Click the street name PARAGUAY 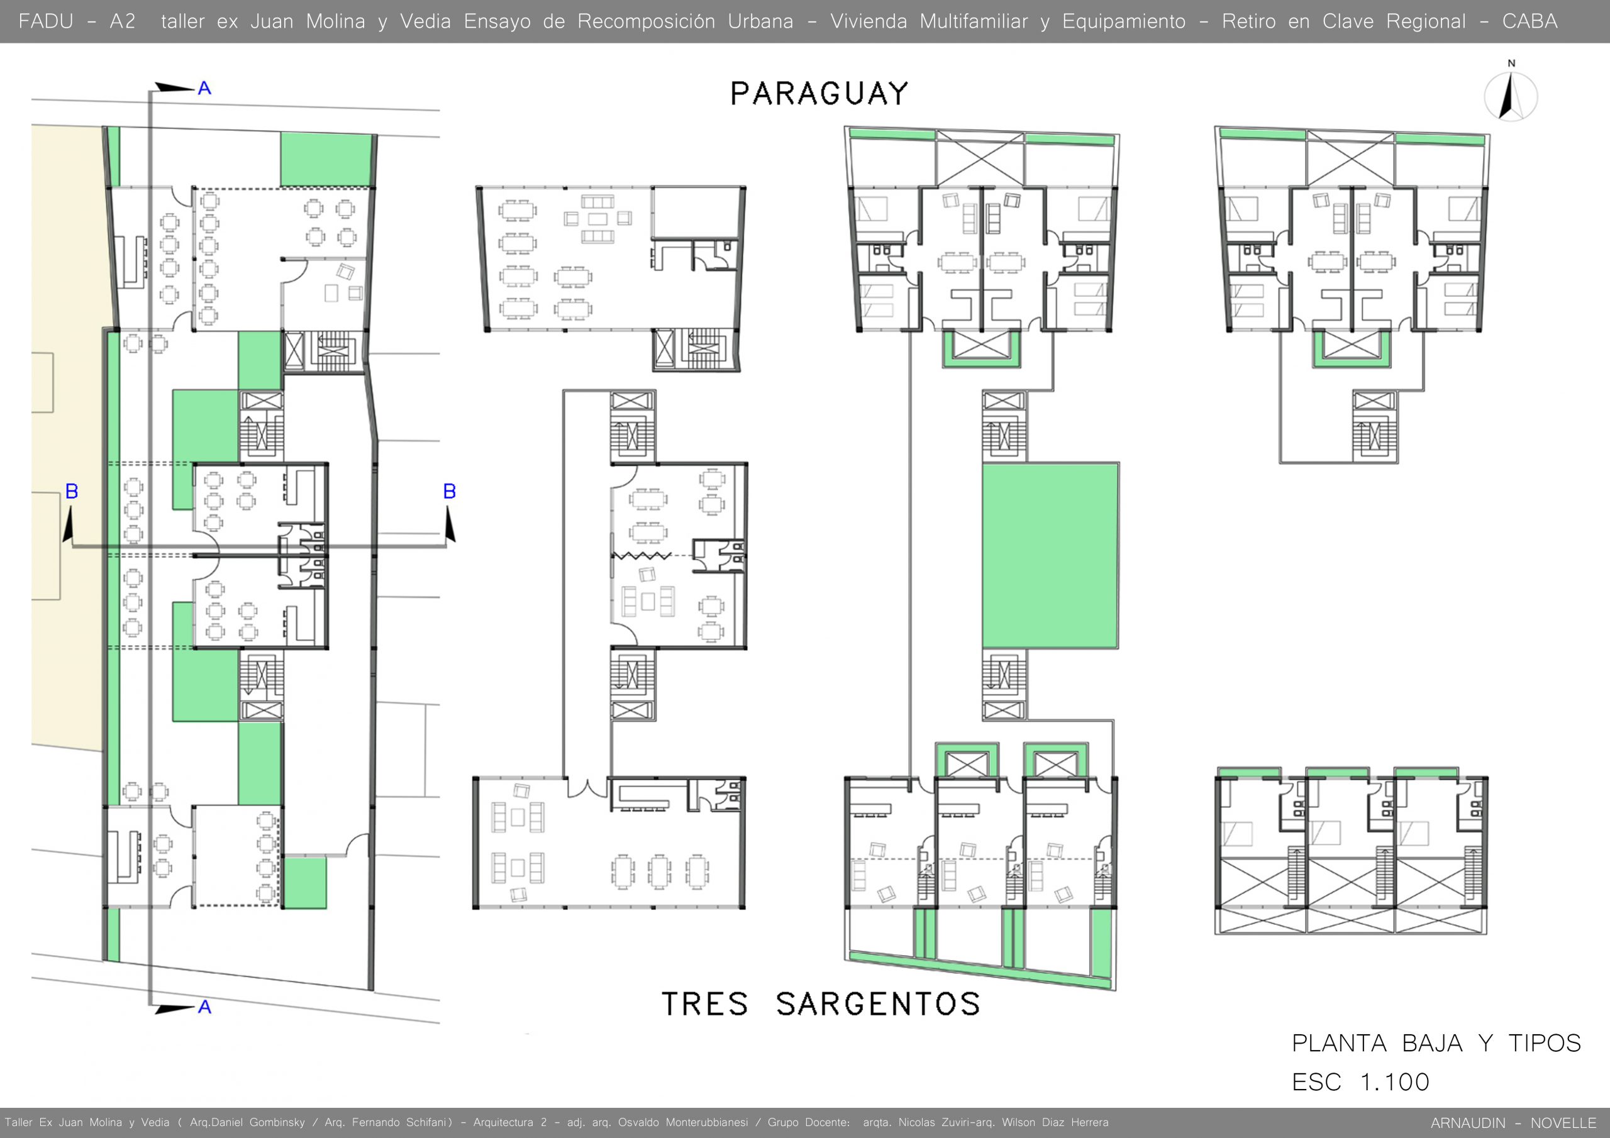click(x=819, y=94)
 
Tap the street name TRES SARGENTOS click(x=821, y=1004)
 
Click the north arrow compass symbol click(x=1511, y=97)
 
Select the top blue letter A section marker click(x=204, y=89)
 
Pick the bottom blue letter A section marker click(x=204, y=1007)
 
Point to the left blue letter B click(x=72, y=492)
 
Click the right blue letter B click(x=450, y=492)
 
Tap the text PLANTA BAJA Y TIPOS click(x=1436, y=1043)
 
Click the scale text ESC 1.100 click(x=1360, y=1082)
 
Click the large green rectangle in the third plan click(x=1050, y=555)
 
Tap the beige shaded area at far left click(x=67, y=434)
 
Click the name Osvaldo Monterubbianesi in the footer click(x=683, y=1122)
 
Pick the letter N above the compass click(x=1511, y=63)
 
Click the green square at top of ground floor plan click(x=325, y=159)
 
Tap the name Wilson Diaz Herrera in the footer click(x=1055, y=1122)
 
